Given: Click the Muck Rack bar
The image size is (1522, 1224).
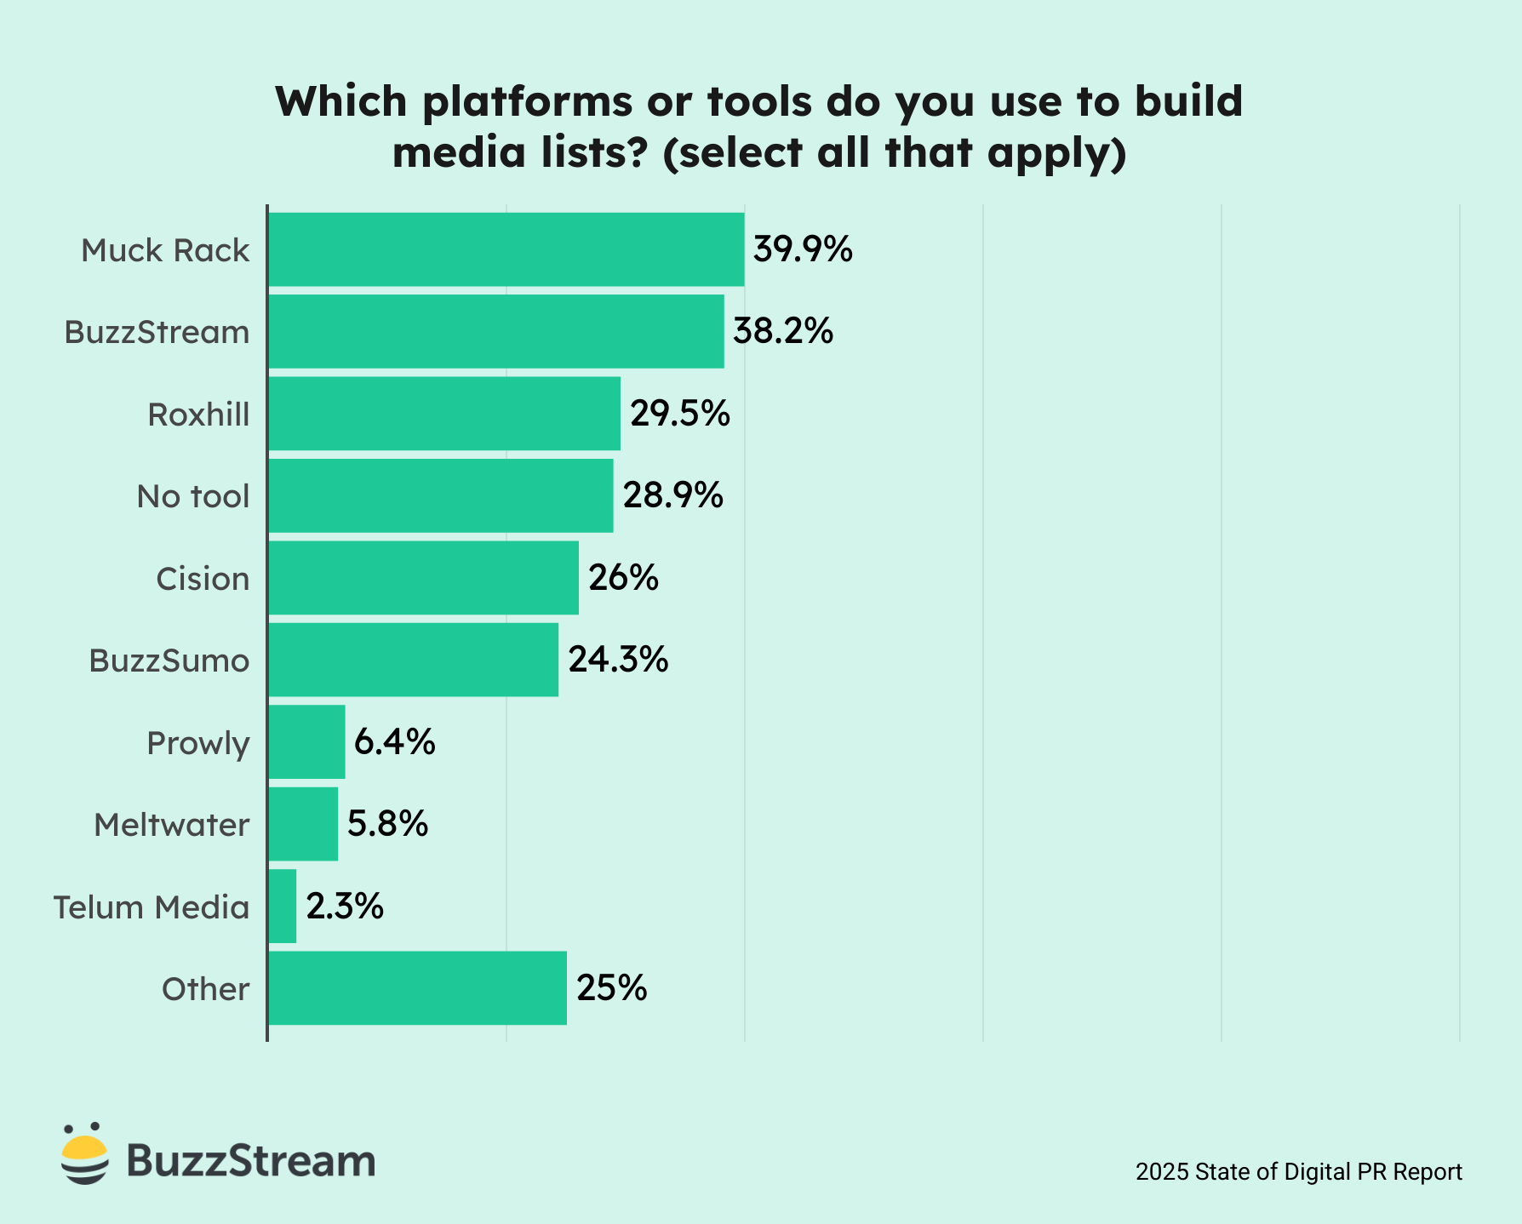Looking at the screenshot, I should (x=506, y=249).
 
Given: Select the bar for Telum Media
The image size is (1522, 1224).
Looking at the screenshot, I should (x=283, y=906).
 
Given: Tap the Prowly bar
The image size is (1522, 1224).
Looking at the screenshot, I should (x=307, y=741).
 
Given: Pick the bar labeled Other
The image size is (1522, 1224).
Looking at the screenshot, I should (x=417, y=988).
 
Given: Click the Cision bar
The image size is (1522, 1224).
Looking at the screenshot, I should (x=424, y=578).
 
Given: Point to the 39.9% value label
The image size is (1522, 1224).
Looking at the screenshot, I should (x=803, y=249).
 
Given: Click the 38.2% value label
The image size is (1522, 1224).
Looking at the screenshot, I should (x=782, y=331).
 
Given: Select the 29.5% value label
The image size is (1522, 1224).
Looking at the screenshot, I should (x=679, y=414).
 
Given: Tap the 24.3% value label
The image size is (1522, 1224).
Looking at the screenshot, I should (x=618, y=660).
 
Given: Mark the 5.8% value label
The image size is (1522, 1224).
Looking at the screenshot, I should (x=387, y=824).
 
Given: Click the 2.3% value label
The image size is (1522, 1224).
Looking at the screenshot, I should (x=345, y=907).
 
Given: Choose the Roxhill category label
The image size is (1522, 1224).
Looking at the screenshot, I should (x=198, y=415).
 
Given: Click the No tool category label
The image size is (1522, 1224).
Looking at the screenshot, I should (x=193, y=496).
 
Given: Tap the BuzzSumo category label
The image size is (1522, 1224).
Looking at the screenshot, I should (x=169, y=661).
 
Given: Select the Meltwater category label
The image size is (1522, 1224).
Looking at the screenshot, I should (x=171, y=825).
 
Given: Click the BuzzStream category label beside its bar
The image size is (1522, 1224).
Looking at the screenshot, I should (x=157, y=332).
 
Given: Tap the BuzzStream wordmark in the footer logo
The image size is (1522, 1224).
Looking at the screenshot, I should (x=251, y=1161).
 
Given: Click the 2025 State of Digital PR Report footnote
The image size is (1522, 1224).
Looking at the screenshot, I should (x=1298, y=1172).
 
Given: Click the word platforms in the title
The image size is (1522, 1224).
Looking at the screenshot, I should (x=527, y=102).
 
